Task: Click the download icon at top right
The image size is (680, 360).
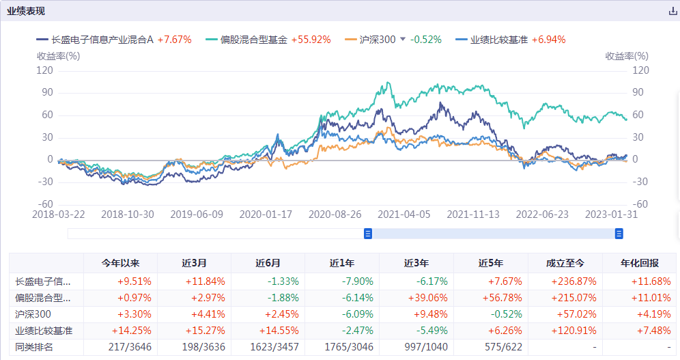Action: click(x=672, y=12)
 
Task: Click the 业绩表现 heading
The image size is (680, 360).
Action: click(x=27, y=12)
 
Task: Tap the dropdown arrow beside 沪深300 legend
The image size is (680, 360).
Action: click(x=403, y=40)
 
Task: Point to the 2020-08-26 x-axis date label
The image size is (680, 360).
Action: click(x=335, y=214)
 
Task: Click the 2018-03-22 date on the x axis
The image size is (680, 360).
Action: click(x=58, y=214)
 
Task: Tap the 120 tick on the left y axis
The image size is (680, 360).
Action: click(x=45, y=70)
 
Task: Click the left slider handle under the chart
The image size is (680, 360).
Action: click(x=368, y=234)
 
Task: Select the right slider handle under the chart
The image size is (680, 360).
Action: click(x=619, y=234)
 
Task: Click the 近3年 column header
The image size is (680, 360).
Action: click(x=416, y=263)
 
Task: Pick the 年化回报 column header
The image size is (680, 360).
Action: click(x=640, y=263)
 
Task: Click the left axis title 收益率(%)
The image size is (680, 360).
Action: click(x=58, y=56)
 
